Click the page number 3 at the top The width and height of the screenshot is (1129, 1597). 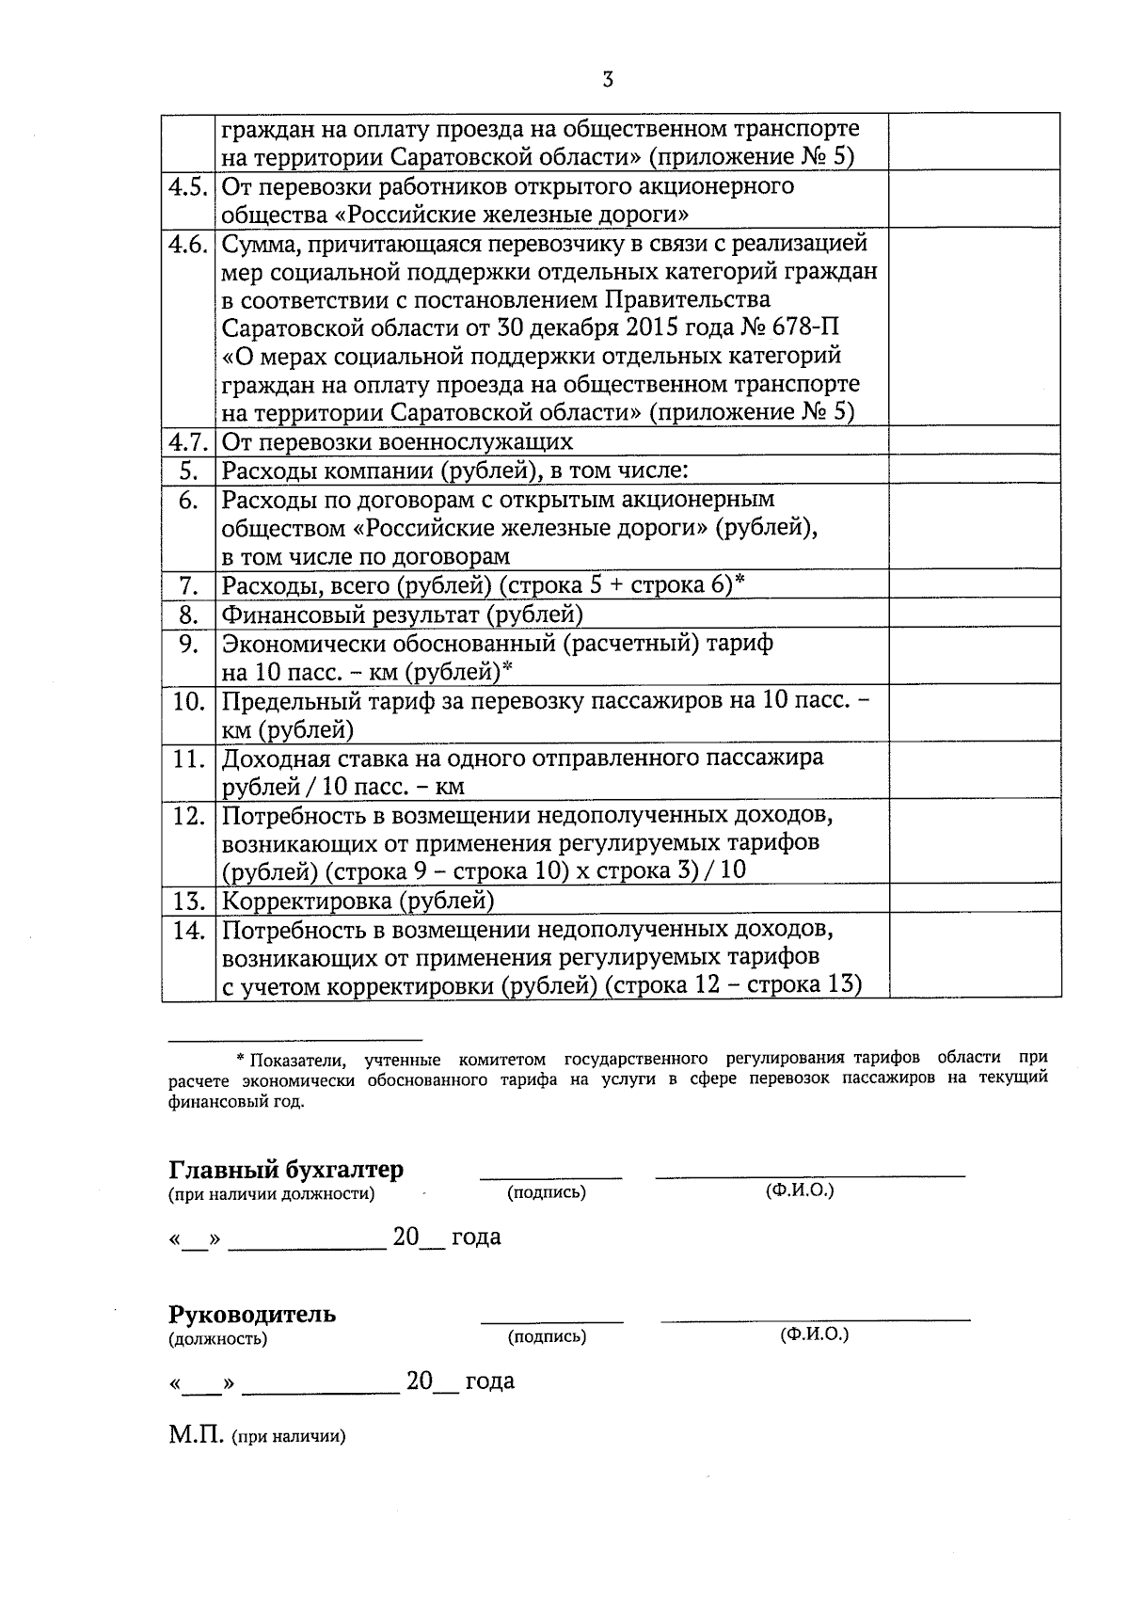click(608, 80)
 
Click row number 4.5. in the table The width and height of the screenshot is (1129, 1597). click(187, 186)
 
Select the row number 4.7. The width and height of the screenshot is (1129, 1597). click(187, 441)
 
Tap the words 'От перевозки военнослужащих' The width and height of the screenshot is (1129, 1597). click(397, 441)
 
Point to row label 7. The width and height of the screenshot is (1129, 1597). click(188, 586)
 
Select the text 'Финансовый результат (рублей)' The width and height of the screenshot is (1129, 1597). click(402, 615)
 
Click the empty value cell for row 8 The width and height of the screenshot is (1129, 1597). click(974, 615)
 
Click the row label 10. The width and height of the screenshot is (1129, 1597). click(188, 702)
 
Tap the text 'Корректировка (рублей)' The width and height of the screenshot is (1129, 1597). click(358, 901)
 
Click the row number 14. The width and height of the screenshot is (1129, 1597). click(188, 931)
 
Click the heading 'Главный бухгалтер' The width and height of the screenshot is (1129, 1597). click(286, 1170)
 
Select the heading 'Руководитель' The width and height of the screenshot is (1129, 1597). click(252, 1314)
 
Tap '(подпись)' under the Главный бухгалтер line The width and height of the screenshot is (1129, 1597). click(547, 1193)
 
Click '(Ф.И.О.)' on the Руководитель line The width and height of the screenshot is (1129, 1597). click(814, 1334)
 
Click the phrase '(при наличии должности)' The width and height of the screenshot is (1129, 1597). click(271, 1195)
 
